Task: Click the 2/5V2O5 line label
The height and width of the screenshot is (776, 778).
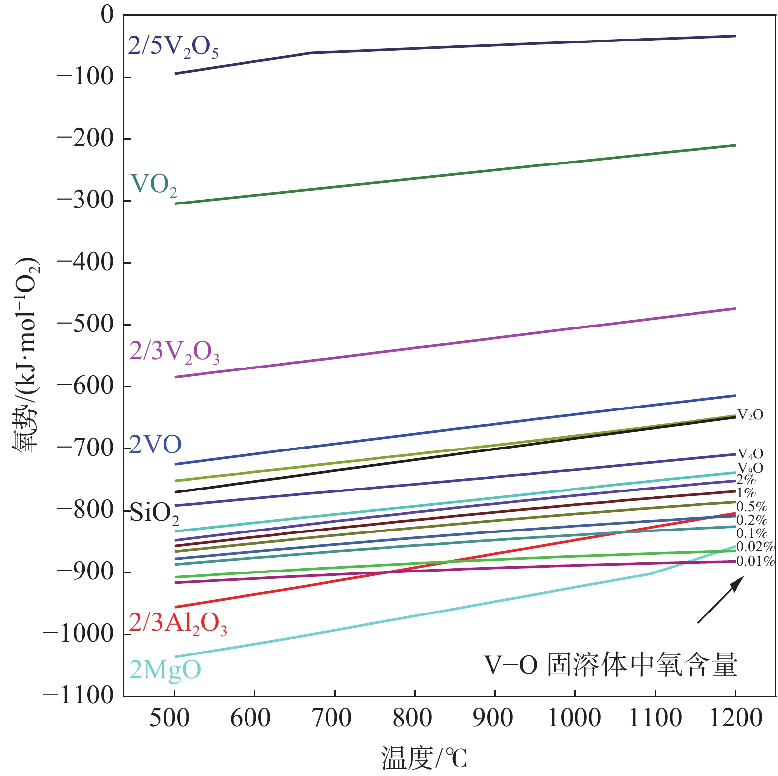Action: [173, 47]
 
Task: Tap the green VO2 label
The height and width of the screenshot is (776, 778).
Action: [154, 185]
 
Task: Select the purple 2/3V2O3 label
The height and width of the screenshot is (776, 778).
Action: [174, 352]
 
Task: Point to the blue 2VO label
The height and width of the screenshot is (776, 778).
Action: [155, 445]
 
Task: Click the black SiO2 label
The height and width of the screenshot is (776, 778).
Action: [154, 514]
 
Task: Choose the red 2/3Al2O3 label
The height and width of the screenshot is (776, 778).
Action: [178, 623]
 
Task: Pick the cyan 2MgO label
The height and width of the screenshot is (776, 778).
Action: [165, 670]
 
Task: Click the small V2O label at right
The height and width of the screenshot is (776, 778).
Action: [750, 415]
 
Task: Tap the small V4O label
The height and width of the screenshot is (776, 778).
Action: [750, 454]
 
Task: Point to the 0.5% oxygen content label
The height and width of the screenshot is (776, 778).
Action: [751, 507]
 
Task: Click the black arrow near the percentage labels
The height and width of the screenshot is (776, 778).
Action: [720, 600]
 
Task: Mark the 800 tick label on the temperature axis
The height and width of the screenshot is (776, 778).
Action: [412, 718]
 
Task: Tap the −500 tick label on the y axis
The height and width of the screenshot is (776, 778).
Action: [85, 324]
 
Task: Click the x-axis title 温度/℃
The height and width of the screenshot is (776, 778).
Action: [424, 758]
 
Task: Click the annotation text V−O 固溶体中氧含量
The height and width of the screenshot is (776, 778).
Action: [610, 665]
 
